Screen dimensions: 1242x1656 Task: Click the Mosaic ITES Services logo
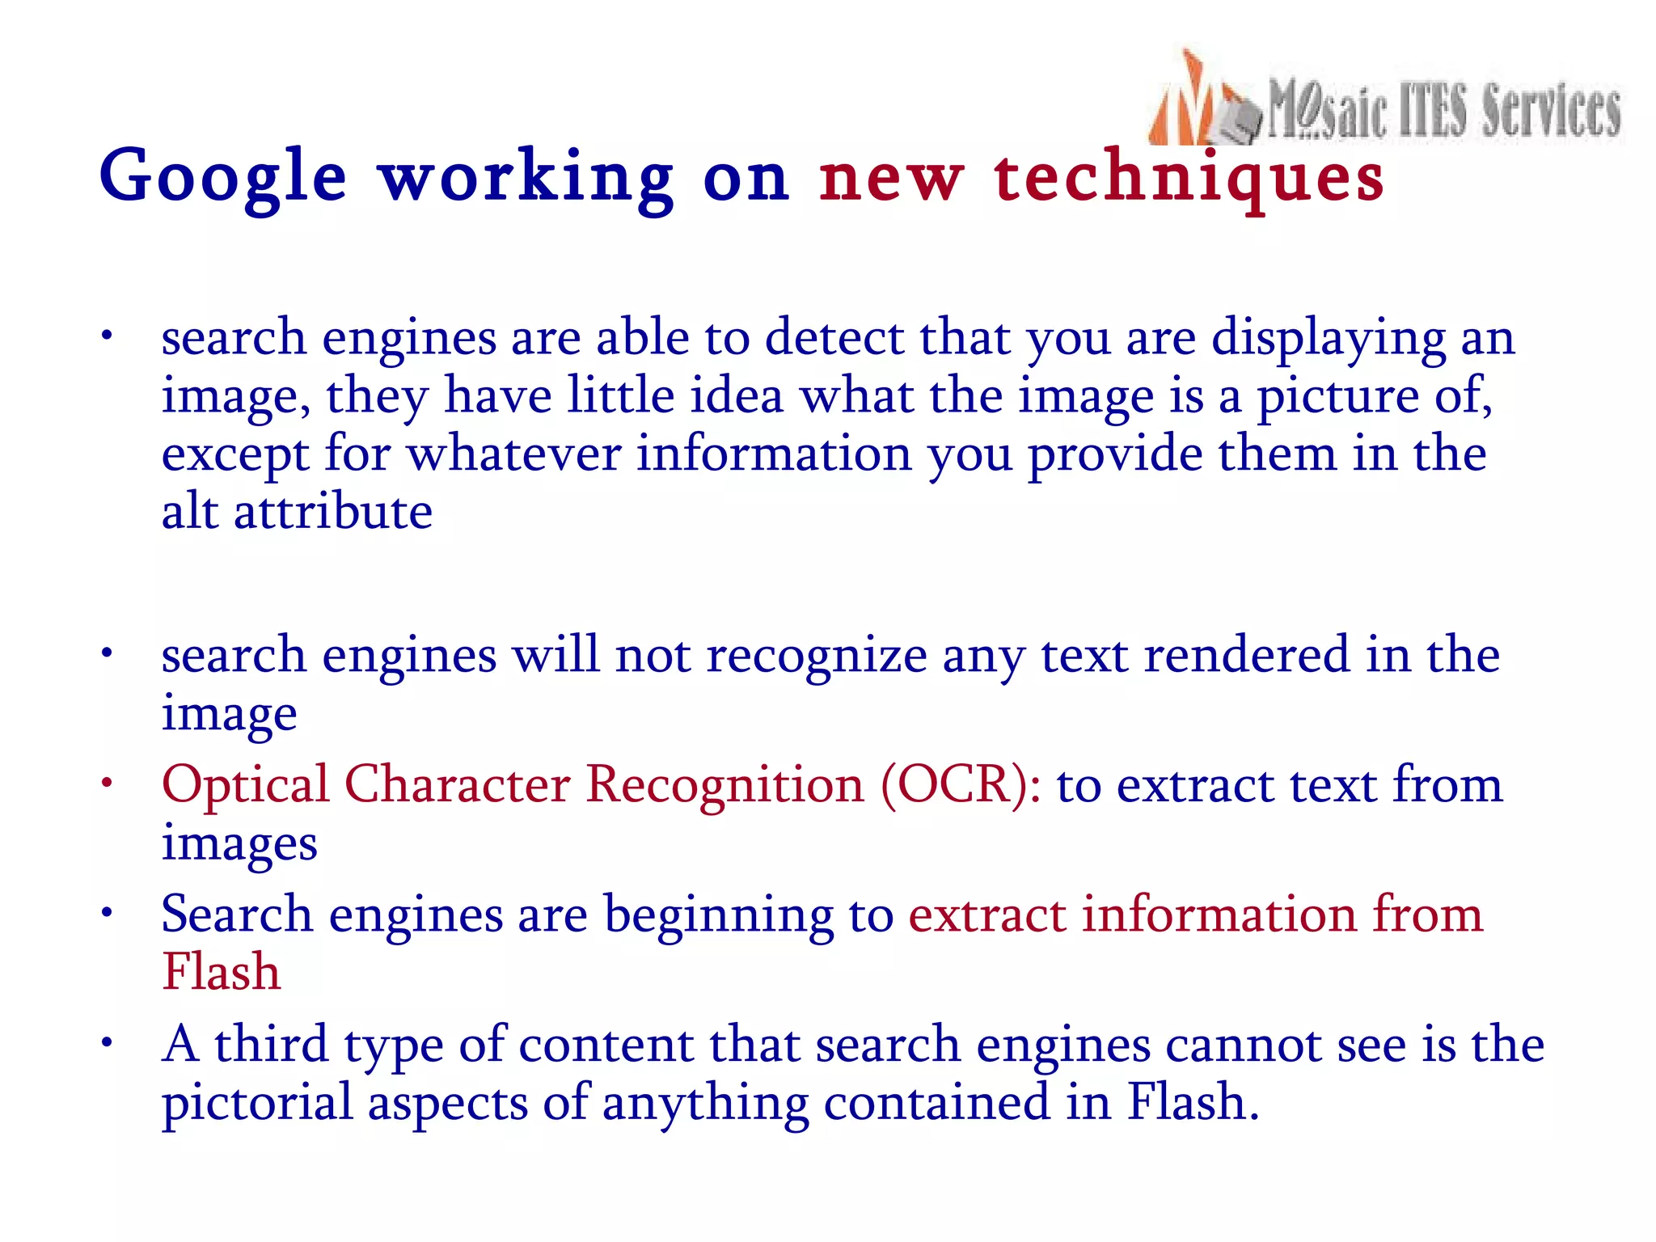pos(1384,101)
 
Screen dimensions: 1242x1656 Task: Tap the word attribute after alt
pos(333,511)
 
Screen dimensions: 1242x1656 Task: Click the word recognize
pos(817,655)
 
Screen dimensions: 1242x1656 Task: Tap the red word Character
pos(458,784)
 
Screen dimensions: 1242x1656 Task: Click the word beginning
pos(719,915)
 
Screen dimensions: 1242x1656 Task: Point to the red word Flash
pos(221,971)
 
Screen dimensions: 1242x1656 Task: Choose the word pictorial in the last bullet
pos(257,1103)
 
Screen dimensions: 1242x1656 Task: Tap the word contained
pos(936,1103)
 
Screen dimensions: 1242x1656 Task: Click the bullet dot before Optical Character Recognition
pos(106,783)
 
